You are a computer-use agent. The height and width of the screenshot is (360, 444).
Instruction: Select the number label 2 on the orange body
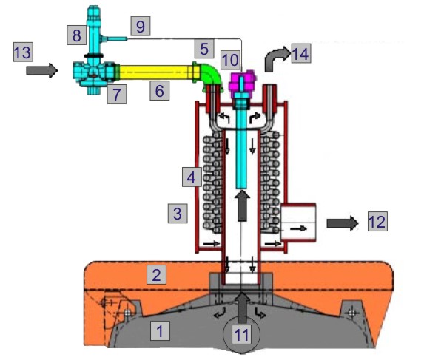(156, 275)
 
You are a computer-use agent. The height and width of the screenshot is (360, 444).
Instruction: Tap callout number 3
(176, 214)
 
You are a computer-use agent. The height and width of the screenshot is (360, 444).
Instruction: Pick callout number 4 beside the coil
(192, 177)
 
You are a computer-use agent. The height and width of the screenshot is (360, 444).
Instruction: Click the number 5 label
(206, 50)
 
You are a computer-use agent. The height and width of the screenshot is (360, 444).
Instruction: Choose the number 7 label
(116, 93)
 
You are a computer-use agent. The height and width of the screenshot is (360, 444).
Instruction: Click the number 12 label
(377, 220)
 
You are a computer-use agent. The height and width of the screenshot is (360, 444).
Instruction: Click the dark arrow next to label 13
(41, 71)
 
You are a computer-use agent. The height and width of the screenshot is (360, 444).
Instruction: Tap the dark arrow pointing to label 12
(343, 222)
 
